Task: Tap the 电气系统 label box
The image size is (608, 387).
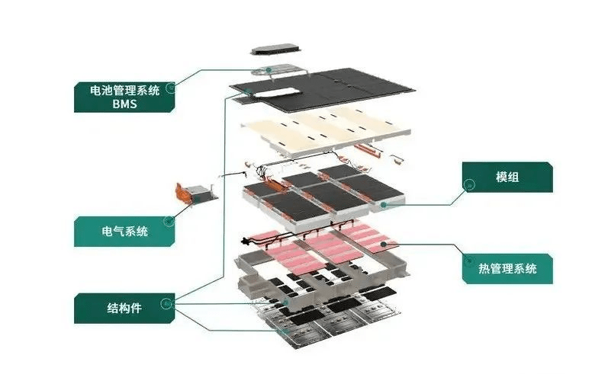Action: (x=122, y=231)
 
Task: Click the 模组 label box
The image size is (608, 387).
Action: (x=507, y=177)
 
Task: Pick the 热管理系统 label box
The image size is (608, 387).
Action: (x=507, y=268)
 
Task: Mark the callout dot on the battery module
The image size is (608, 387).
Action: (x=384, y=204)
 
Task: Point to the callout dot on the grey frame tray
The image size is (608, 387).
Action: (x=287, y=302)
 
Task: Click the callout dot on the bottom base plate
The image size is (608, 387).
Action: (x=285, y=331)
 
